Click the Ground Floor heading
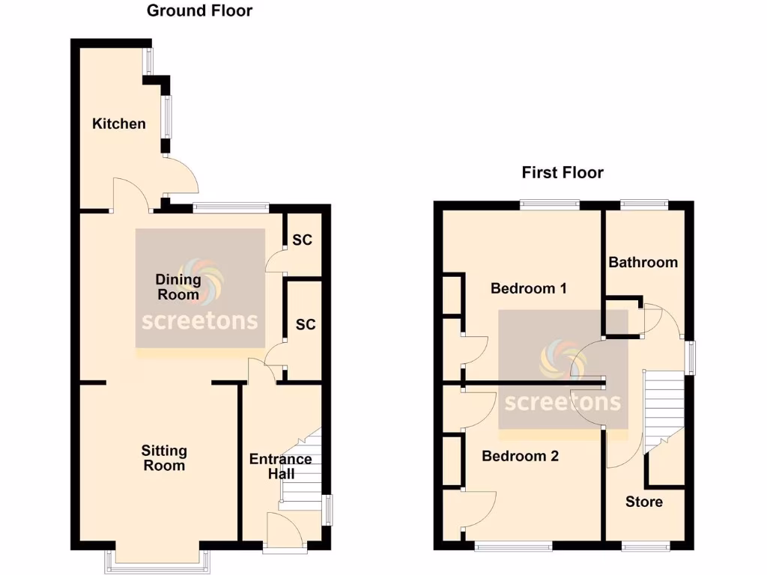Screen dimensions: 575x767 [199, 10]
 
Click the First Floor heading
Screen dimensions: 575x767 [563, 173]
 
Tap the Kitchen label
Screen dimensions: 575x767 [119, 124]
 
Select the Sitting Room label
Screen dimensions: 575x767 [164, 458]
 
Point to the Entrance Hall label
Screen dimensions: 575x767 [280, 466]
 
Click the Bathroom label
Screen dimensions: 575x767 [643, 262]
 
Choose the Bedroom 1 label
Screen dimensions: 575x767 [528, 288]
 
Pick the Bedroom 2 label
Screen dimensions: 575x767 [520, 456]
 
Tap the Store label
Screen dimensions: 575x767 [643, 502]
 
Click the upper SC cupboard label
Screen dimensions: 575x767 [303, 240]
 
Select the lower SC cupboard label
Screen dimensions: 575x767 [306, 325]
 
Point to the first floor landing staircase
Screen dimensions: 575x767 [664, 408]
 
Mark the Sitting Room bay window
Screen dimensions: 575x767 [157, 558]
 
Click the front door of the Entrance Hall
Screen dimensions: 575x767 [285, 534]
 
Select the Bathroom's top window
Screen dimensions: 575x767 [644, 203]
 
